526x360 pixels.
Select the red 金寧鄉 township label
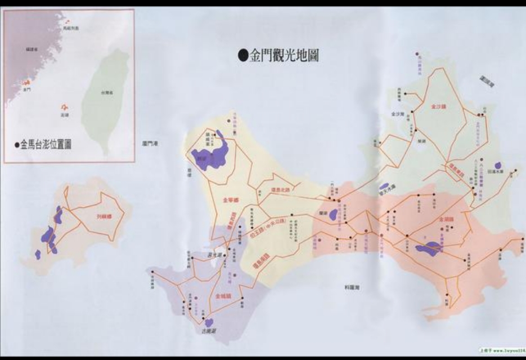[x=230, y=199]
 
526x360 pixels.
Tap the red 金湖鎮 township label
[x=446, y=220]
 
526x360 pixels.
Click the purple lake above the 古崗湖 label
[x=209, y=322]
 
